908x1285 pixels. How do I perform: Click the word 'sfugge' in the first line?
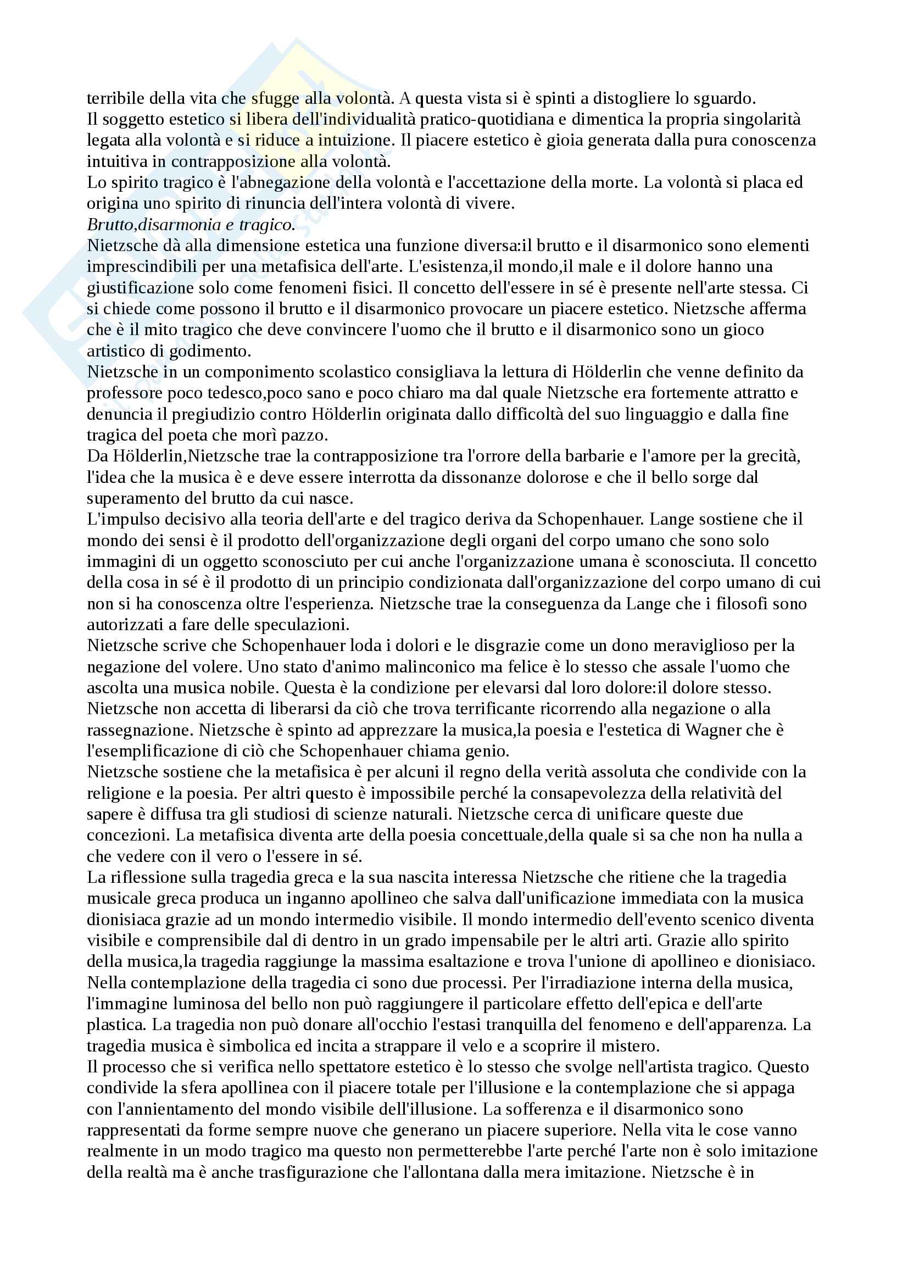pyautogui.click(x=275, y=98)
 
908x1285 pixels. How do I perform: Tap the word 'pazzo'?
pyautogui.click(x=304, y=435)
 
